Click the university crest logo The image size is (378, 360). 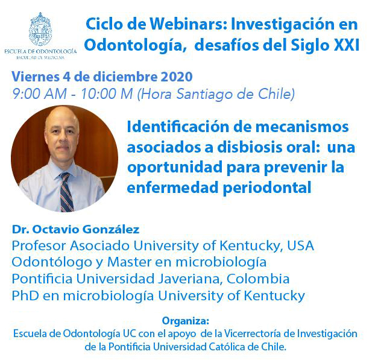point(40,29)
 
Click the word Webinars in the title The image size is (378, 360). point(188,24)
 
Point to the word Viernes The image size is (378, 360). point(36,77)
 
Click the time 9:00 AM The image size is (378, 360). point(39,94)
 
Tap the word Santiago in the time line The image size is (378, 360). point(204,94)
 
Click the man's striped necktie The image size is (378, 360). point(66,192)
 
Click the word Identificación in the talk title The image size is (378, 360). point(178,127)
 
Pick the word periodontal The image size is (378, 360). point(267,188)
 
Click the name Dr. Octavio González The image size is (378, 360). point(76,229)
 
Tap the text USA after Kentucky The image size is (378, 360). point(301,245)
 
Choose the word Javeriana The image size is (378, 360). point(191,279)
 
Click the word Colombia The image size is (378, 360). point(258,279)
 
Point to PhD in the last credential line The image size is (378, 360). point(25,295)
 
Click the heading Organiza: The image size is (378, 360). point(186,321)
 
